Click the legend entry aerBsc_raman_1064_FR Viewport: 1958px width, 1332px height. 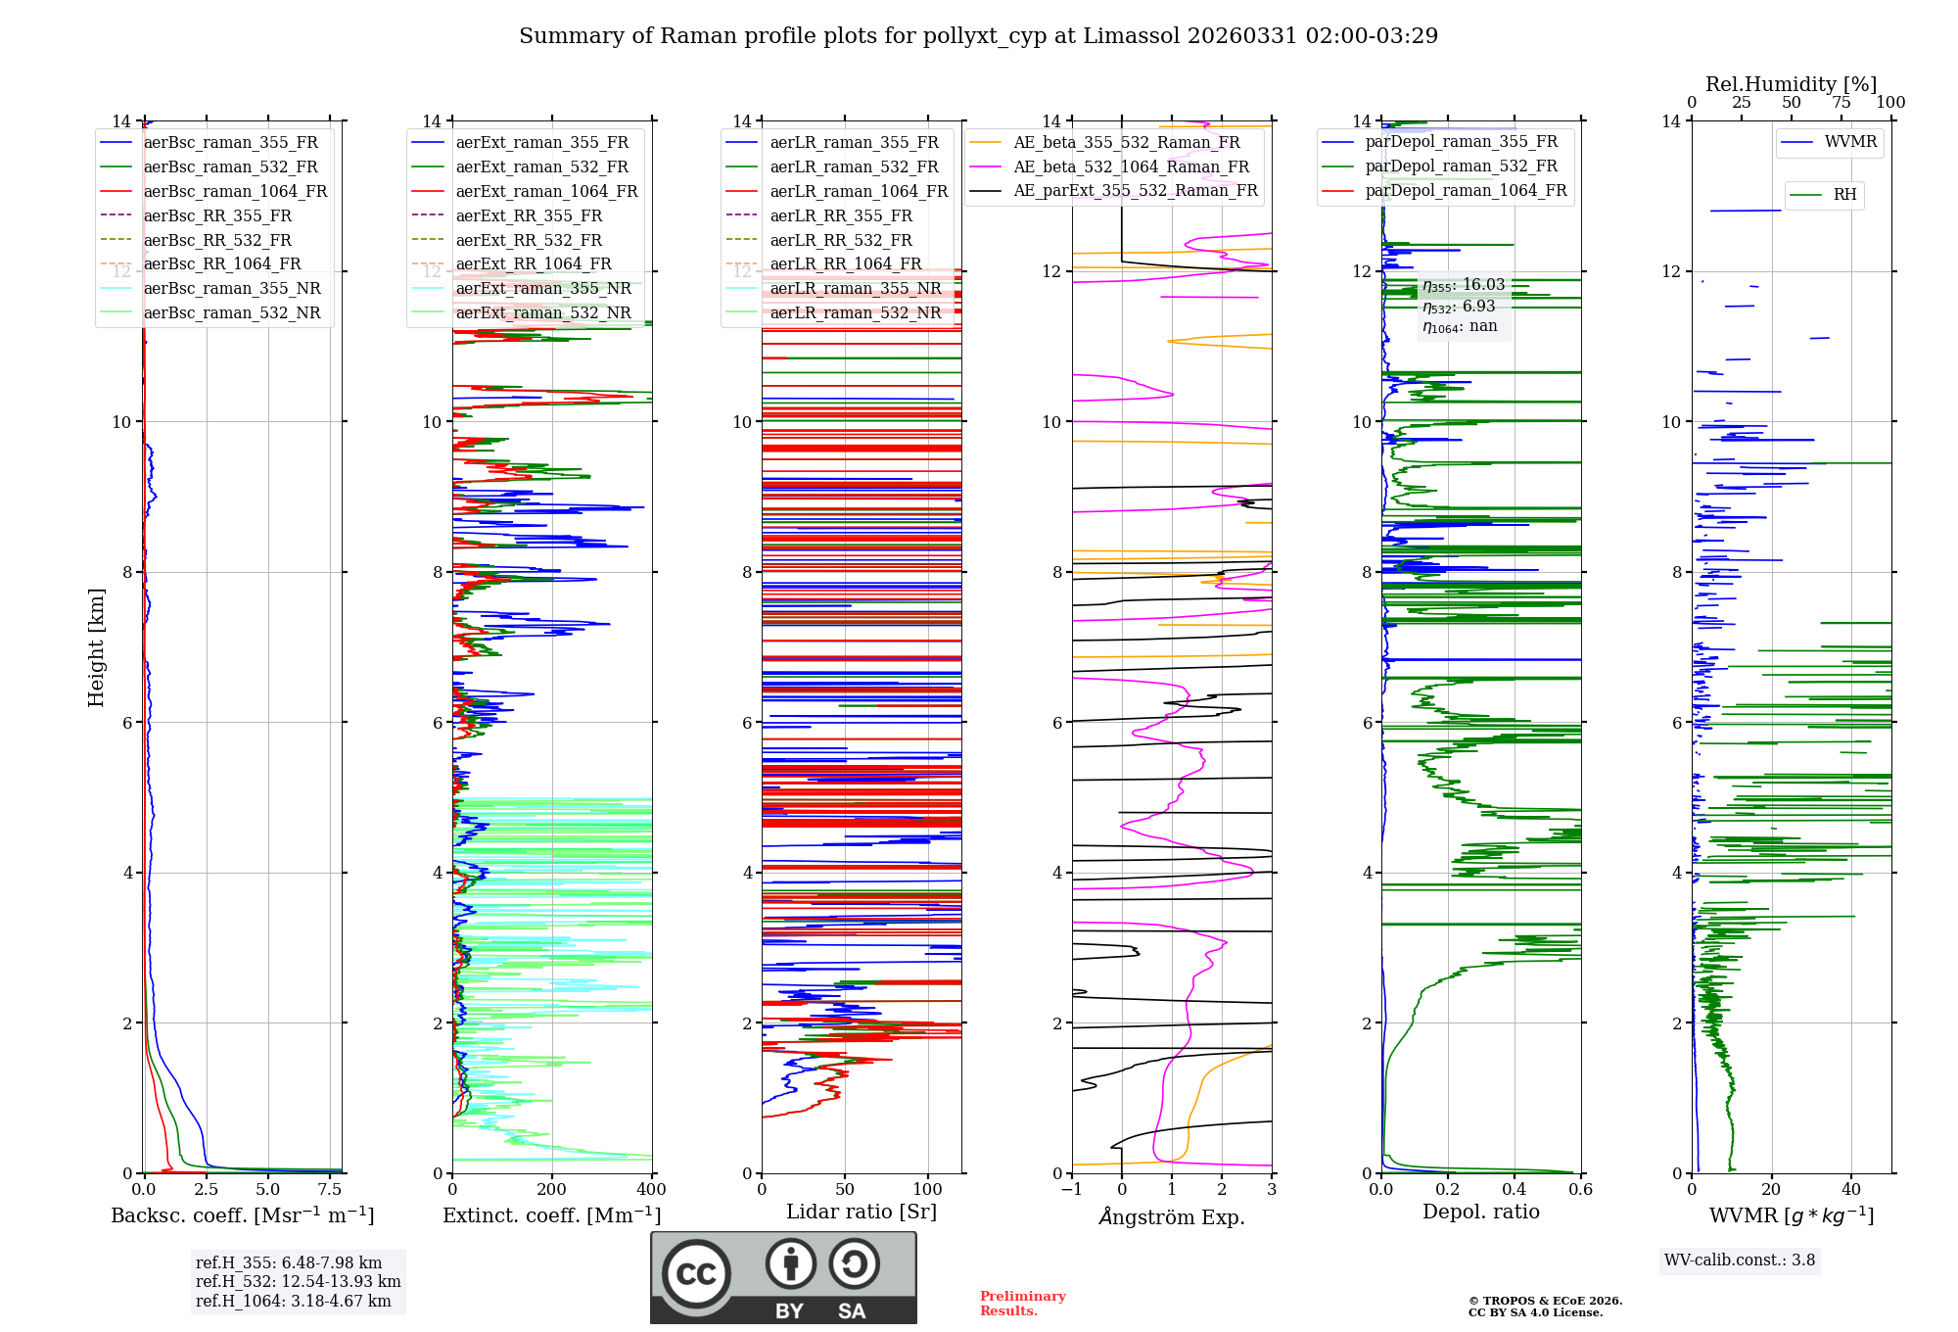pos(235,192)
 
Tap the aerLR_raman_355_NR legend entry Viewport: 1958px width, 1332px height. pos(855,289)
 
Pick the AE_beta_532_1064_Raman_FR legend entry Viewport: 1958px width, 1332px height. pos(1131,167)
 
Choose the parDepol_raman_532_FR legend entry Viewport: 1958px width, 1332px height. pos(1461,166)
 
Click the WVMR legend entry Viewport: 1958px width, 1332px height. pos(1850,142)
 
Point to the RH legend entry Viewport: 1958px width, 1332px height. pos(1844,195)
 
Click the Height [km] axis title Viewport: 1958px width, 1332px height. pos(96,647)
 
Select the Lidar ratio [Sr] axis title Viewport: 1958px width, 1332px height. pos(862,1212)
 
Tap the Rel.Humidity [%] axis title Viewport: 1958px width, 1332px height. pos(1791,84)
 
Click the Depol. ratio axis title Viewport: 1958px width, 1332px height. pos(1480,1212)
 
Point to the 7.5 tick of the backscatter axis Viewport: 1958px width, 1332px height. pos(330,1190)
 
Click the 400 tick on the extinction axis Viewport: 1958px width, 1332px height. pos(651,1190)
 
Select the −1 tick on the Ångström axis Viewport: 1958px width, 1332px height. pos(1072,1190)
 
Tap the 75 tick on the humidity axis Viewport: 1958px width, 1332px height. pos(1841,103)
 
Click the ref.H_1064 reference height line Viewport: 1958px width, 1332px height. pos(293,1301)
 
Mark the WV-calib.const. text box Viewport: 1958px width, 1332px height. pos(1739,1261)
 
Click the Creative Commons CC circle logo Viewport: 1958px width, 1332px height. pos(696,1274)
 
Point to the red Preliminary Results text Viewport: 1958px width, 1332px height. pos(1022,1304)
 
